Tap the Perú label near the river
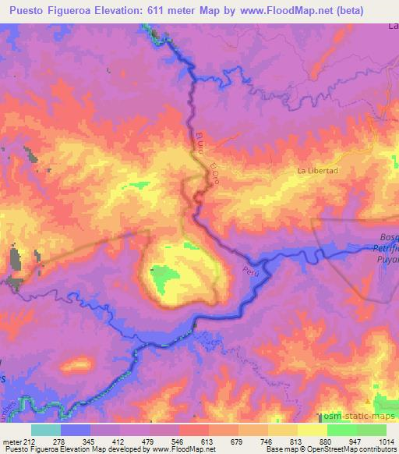pos(249,273)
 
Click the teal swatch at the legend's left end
pos(46,430)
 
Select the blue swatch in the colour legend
pos(76,430)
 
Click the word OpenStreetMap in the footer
pos(343,449)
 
